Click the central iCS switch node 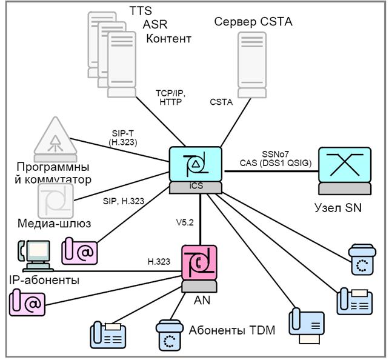click(196, 170)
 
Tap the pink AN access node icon click(199, 268)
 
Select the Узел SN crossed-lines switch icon click(345, 171)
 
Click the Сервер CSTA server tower click(252, 65)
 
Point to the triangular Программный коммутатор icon click(55, 139)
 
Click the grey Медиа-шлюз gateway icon click(56, 201)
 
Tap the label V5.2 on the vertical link click(185, 222)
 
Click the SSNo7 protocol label click(276, 154)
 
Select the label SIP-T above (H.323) click(123, 133)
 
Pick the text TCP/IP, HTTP click(171, 98)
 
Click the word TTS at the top click(141, 11)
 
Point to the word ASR click(155, 24)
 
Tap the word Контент click(168, 39)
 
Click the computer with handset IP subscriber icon click(36, 256)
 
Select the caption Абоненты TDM click(232, 330)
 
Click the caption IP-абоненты click(44, 280)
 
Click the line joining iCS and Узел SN click(271, 171)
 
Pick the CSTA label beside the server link click(221, 102)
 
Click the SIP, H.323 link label click(124, 201)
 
